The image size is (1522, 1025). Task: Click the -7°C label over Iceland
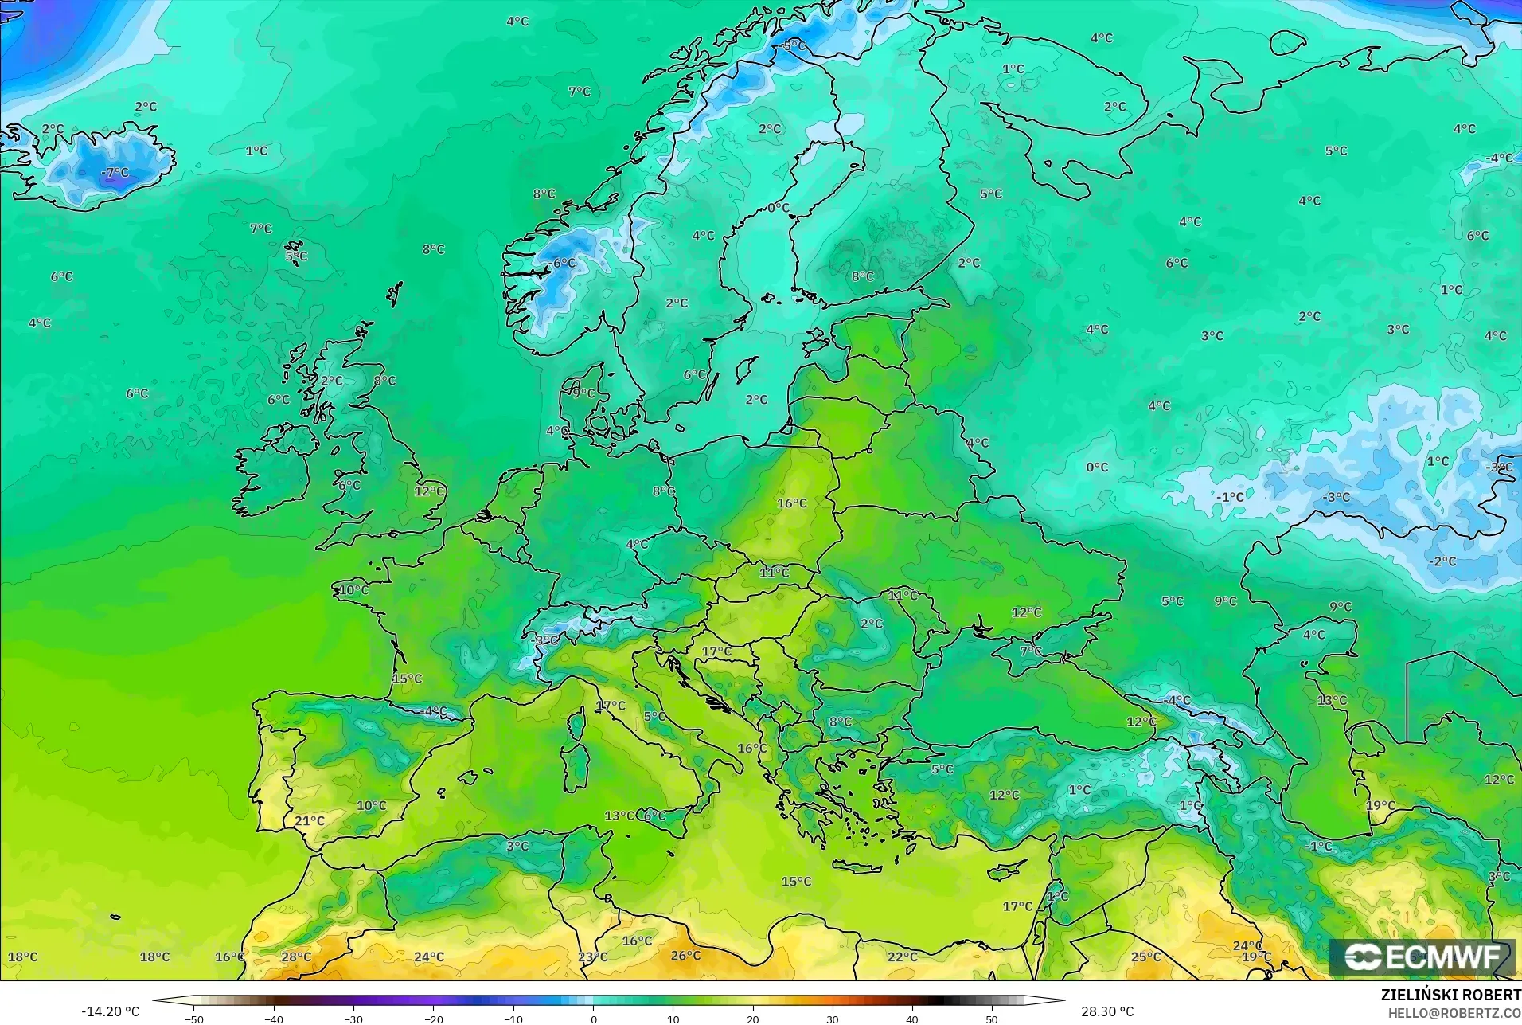pyautogui.click(x=115, y=172)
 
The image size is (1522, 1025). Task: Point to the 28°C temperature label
pyautogui.click(x=296, y=957)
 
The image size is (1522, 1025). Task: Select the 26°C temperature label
pyautogui.click(x=685, y=955)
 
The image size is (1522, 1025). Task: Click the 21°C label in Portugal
pyautogui.click(x=310, y=820)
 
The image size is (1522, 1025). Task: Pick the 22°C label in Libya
pyautogui.click(x=903, y=957)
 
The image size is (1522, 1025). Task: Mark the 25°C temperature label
pyautogui.click(x=1145, y=957)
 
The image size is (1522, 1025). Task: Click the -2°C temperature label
pyautogui.click(x=1442, y=561)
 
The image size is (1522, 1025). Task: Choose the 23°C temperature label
pyautogui.click(x=592, y=957)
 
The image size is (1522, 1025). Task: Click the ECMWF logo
pyautogui.click(x=1422, y=957)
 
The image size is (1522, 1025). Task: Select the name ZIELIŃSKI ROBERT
pyautogui.click(x=1450, y=996)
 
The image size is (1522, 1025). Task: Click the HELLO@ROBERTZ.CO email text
pyautogui.click(x=1454, y=1013)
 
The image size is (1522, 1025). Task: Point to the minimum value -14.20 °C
pyautogui.click(x=110, y=1011)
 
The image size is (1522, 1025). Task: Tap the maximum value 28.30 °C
pyautogui.click(x=1106, y=1011)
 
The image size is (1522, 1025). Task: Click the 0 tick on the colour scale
pyautogui.click(x=593, y=1019)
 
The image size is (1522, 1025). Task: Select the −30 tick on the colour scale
pyautogui.click(x=353, y=1019)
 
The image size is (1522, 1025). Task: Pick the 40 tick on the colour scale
pyautogui.click(x=912, y=1019)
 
